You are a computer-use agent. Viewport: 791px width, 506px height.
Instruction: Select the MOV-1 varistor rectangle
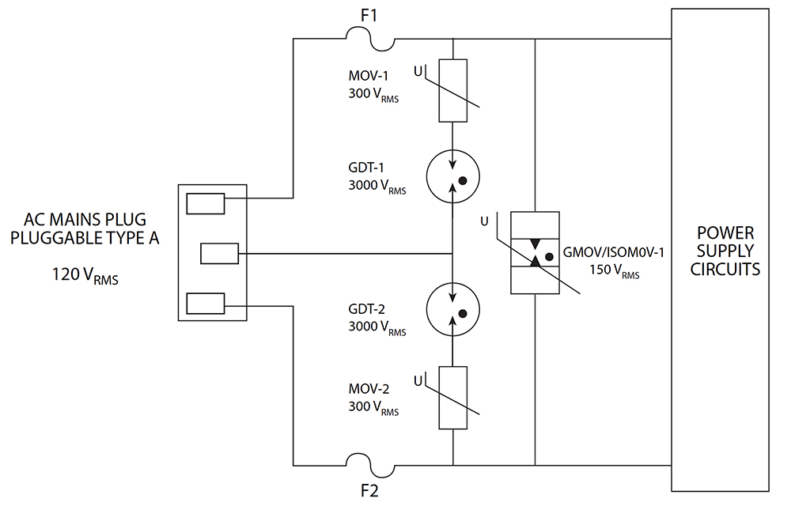point(452,90)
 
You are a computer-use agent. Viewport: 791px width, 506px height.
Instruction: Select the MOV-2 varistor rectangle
point(452,398)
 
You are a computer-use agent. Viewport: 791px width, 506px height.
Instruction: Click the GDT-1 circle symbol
point(452,177)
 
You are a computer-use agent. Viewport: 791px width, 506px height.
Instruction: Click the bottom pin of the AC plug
point(206,302)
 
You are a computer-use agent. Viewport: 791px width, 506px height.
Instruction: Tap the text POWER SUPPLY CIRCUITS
point(725,251)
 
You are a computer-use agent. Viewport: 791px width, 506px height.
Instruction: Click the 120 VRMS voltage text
point(82,275)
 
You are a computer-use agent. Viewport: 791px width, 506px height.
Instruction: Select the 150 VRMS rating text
point(614,270)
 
